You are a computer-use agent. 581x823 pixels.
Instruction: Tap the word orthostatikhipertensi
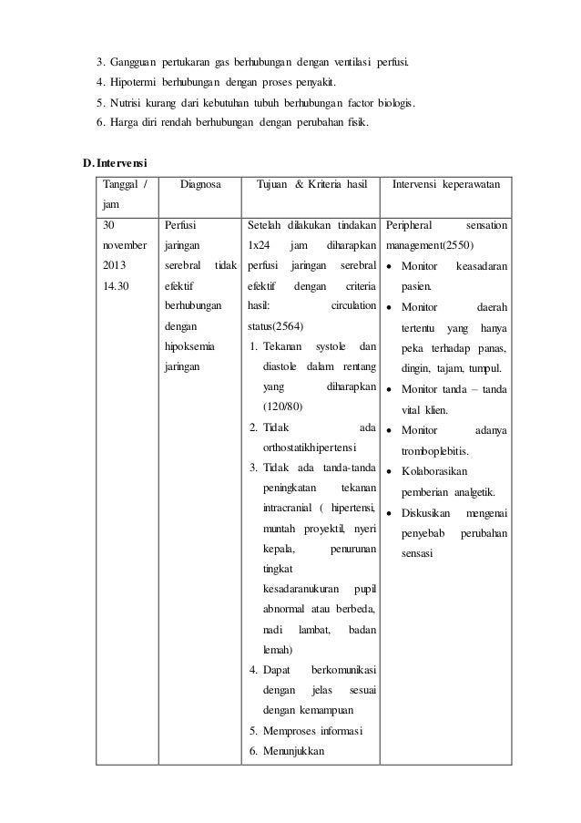click(310, 448)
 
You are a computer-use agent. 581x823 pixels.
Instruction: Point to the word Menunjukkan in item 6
click(293, 751)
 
